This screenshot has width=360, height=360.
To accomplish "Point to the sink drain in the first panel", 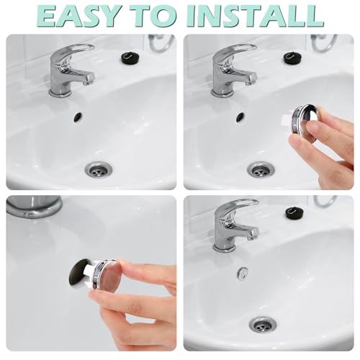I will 99,170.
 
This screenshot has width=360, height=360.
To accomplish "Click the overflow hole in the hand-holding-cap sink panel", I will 240,116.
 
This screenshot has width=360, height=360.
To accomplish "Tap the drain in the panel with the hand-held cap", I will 261,170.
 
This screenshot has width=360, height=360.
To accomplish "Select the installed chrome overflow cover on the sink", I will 243,273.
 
